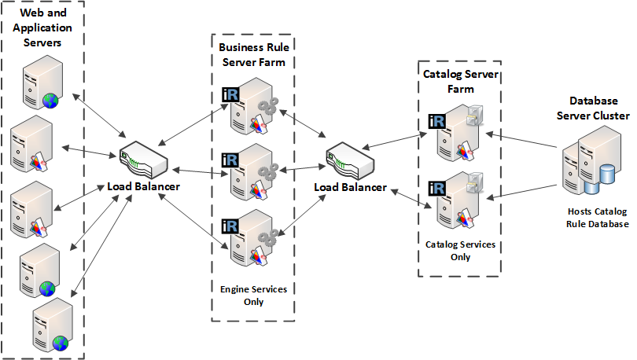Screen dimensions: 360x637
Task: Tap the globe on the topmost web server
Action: pyautogui.click(x=51, y=100)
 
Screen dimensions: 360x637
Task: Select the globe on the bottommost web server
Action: pyautogui.click(x=61, y=343)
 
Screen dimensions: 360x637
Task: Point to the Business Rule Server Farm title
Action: pyautogui.click(x=253, y=54)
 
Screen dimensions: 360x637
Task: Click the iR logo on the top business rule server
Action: pyautogui.click(x=231, y=94)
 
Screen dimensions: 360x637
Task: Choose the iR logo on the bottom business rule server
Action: pyautogui.click(x=231, y=226)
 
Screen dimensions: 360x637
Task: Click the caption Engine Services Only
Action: pyautogui.click(x=253, y=296)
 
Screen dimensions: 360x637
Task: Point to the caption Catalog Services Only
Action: pyautogui.click(x=461, y=250)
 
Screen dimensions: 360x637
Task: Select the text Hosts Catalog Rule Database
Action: pyautogui.click(x=598, y=218)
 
